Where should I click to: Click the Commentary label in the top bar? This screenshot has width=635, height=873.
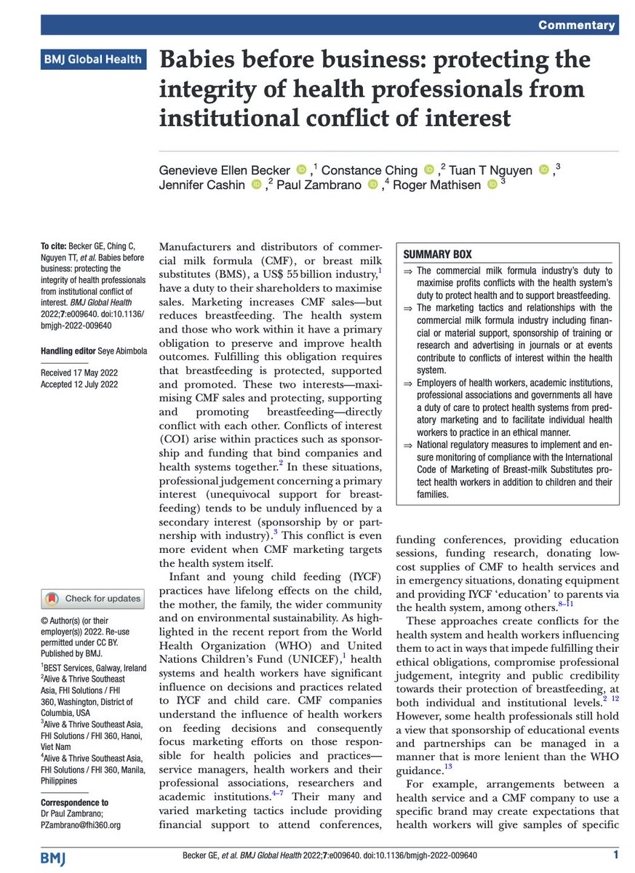(578, 25)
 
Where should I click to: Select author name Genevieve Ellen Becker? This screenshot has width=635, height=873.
(225, 170)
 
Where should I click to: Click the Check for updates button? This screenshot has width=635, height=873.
(93, 599)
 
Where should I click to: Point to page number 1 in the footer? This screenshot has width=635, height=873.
(615, 853)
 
